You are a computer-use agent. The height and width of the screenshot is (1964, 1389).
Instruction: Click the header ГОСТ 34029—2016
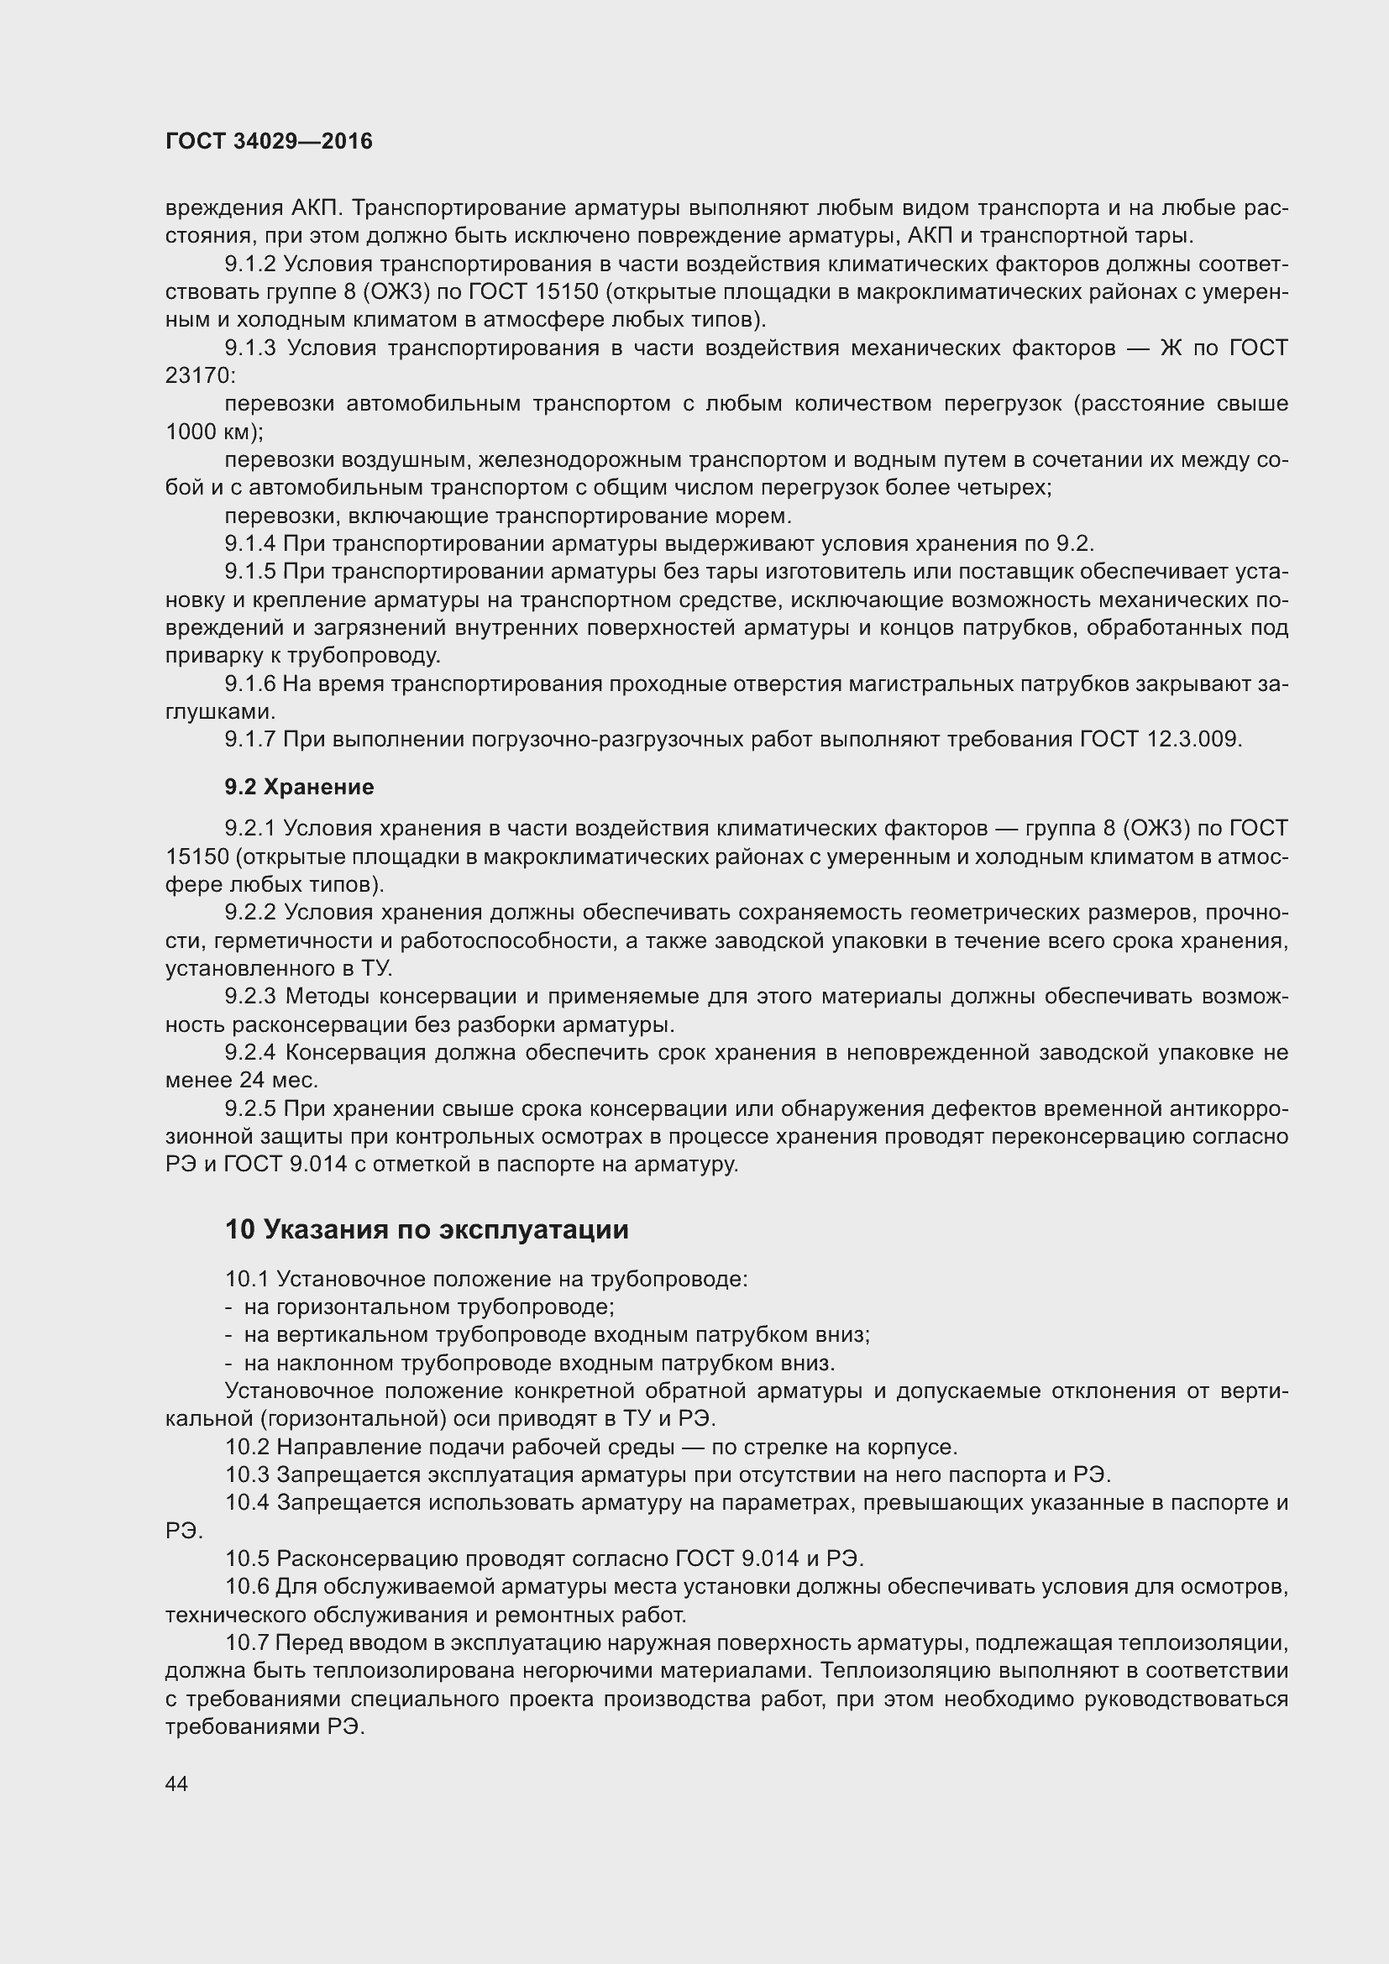269,141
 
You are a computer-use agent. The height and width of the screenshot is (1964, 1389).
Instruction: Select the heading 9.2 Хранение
299,787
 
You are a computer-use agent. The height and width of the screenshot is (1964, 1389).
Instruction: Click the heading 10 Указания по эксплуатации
426,1229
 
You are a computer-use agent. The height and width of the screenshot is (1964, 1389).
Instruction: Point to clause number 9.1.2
250,264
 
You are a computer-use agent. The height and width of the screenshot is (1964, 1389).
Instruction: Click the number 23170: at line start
199,375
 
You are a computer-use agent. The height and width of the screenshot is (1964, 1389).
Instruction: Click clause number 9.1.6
250,684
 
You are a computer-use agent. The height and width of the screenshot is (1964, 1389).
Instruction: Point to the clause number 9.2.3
250,997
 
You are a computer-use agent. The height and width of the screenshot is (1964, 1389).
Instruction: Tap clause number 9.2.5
250,1108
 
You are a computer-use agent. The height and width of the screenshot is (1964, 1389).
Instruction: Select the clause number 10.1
247,1279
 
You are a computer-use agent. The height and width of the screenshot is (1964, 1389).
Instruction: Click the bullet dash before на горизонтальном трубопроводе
228,1307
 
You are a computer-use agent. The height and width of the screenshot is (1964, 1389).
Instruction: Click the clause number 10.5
247,1558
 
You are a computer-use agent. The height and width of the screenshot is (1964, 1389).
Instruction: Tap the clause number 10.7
247,1642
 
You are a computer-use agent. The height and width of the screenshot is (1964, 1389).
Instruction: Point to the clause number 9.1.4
250,544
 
